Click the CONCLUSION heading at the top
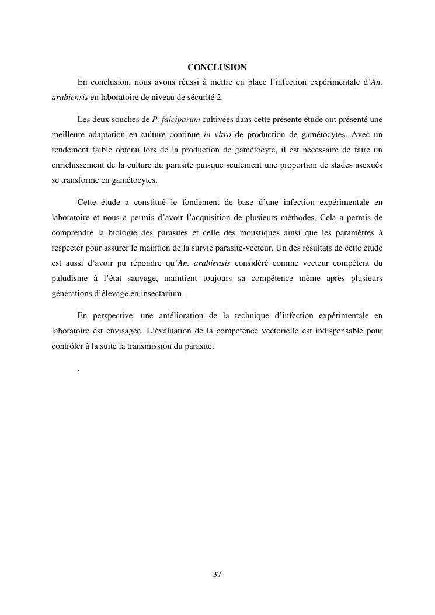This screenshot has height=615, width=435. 217,67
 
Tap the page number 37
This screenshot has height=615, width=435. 217,575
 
